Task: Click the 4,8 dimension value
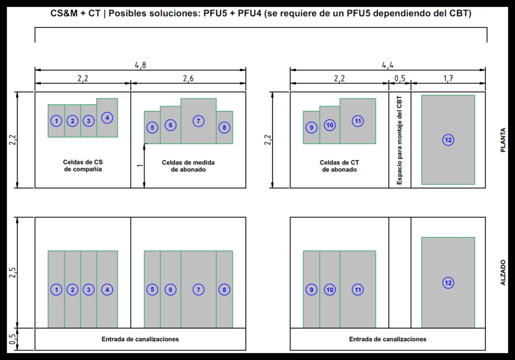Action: pos(140,65)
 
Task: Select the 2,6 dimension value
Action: pos(188,78)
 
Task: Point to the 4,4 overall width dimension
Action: pos(387,65)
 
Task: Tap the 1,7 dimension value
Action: pos(448,78)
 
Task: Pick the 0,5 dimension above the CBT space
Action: pos(400,78)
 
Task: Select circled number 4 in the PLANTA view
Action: pos(107,118)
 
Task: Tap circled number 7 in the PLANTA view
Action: pos(199,121)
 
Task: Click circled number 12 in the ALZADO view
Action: pos(448,283)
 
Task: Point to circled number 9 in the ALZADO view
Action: pos(311,290)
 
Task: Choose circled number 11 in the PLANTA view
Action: pos(358,121)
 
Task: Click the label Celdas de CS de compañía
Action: pos(83,166)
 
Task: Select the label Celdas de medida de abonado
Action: pos(189,166)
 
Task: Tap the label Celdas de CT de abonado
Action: pos(339,166)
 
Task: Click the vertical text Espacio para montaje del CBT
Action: pos(400,140)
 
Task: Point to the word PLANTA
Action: pos(503,140)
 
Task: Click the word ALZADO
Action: pos(503,273)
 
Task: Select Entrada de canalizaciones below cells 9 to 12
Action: pos(388,339)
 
